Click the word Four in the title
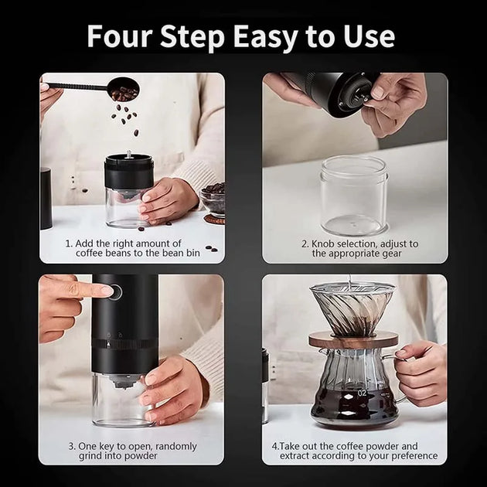coord(120,36)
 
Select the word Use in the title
coord(369,36)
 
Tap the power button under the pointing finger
coord(115,291)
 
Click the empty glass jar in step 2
coord(354,195)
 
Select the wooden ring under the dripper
coord(353,339)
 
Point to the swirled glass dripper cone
coord(353,310)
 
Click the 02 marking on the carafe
coord(362,393)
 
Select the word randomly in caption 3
coord(176,447)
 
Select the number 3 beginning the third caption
coord(71,447)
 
